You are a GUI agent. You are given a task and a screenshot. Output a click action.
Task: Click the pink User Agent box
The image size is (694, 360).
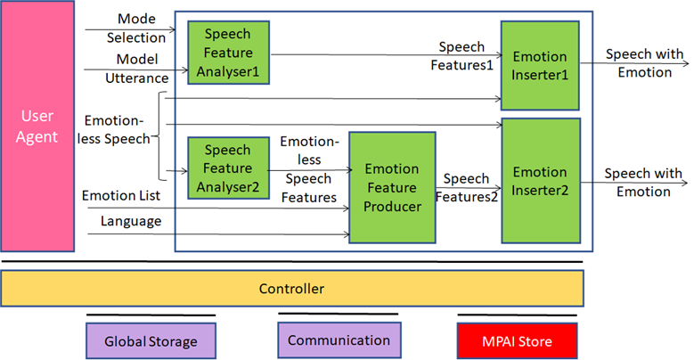[x=37, y=127]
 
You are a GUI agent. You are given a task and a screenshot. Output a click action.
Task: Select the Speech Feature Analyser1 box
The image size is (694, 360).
[x=228, y=53]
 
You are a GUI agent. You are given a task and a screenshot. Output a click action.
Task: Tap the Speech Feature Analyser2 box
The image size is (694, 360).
[x=228, y=168]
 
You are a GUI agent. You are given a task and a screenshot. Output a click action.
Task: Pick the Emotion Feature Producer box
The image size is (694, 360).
[x=392, y=187]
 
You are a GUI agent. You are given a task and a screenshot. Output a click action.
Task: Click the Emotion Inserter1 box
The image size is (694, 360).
[x=540, y=65]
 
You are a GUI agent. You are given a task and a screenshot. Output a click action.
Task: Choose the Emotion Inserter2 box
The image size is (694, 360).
[x=541, y=181]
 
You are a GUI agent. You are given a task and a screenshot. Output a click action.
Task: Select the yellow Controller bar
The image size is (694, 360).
[x=292, y=289]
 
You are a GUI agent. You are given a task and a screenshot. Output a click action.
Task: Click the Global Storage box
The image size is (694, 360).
[x=151, y=340]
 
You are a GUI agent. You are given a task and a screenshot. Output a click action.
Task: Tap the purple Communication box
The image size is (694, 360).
[x=339, y=340]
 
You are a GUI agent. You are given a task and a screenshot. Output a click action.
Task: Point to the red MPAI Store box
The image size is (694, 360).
[x=517, y=340]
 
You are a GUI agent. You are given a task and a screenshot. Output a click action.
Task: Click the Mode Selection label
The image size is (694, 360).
[x=136, y=28]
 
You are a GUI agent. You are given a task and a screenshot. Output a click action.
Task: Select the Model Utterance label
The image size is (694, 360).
[x=137, y=69]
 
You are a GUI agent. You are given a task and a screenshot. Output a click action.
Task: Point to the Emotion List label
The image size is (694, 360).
[x=121, y=195]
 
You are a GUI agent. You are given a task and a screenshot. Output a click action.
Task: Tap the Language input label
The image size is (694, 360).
[x=131, y=221]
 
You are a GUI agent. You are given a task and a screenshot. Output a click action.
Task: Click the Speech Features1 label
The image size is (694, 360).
[x=461, y=56]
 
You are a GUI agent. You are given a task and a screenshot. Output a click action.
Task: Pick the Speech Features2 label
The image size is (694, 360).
[x=467, y=187]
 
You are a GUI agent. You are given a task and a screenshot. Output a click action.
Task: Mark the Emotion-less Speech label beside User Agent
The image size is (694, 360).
[x=114, y=129]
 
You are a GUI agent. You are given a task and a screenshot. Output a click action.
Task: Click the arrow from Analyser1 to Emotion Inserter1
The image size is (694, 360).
[x=387, y=55]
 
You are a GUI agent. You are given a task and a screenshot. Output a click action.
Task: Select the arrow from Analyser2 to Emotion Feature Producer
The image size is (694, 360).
[x=309, y=170]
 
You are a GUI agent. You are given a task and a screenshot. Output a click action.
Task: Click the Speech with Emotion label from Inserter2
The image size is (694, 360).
[x=643, y=182]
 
